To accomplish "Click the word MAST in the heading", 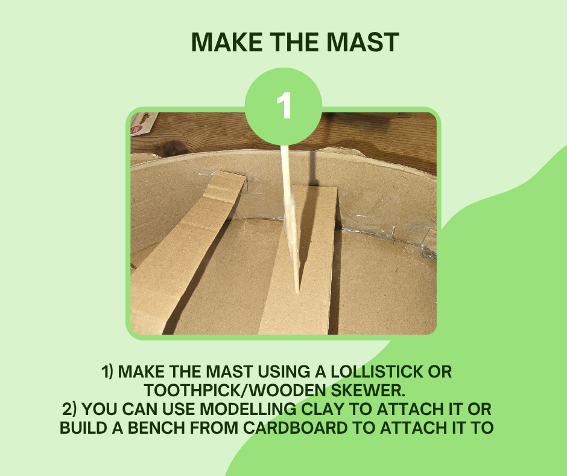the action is pyautogui.click(x=363, y=42).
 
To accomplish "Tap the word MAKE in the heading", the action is pyautogui.click(x=227, y=42).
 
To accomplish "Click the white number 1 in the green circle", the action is pyautogui.click(x=284, y=106).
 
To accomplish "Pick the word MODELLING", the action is pyautogui.click(x=248, y=410).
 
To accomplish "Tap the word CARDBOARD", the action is pyautogui.click(x=296, y=428).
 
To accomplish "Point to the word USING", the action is pyautogui.click(x=284, y=372).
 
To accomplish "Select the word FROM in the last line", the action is pyautogui.click(x=214, y=428).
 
